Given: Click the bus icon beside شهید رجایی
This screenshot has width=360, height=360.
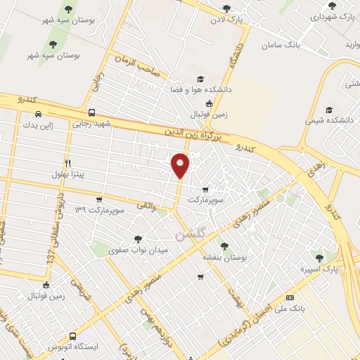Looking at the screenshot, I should [x=91, y=112].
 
